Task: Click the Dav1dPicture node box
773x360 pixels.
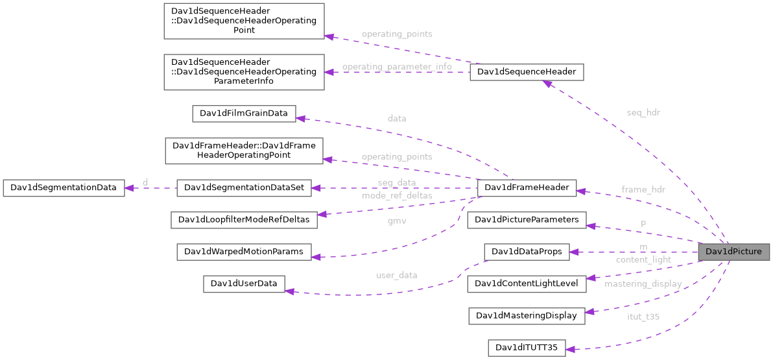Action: click(733, 252)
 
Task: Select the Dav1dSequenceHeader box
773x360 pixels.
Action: click(526, 72)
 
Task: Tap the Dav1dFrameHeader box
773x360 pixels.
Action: click(526, 188)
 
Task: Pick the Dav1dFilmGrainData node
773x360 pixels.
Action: click(243, 114)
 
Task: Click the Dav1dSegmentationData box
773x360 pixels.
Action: click(63, 188)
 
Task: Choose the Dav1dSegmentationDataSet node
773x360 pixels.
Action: click(244, 188)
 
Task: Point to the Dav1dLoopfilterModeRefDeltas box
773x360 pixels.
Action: click(244, 220)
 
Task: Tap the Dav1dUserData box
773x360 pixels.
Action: click(244, 283)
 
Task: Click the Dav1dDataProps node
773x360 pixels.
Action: click(526, 252)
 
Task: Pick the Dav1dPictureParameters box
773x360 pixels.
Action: click(526, 220)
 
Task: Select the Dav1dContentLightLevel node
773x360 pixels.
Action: click(526, 283)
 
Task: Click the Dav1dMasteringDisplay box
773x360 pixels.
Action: click(526, 316)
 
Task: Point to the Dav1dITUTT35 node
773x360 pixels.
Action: click(526, 348)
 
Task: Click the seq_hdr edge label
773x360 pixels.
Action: click(643, 113)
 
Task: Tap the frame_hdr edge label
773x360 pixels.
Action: click(643, 190)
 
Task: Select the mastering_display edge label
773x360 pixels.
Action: click(643, 284)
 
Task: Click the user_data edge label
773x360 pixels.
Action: click(396, 275)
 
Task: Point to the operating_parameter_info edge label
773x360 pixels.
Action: click(397, 67)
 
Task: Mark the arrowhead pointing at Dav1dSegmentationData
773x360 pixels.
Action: click(129, 188)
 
